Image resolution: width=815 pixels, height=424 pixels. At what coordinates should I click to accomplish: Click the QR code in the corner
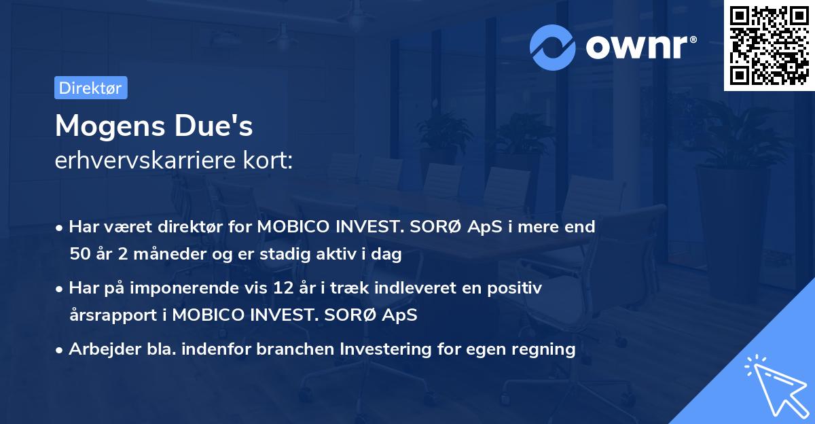tap(769, 46)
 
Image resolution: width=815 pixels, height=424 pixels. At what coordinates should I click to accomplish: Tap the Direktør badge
tap(90, 88)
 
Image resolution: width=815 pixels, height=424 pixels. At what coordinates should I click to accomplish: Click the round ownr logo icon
tap(553, 47)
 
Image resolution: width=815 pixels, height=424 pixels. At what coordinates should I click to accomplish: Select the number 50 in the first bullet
tap(80, 255)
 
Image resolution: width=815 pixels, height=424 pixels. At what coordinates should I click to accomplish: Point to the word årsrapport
tap(108, 315)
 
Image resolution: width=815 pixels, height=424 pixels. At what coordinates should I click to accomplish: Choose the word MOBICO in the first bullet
tap(293, 227)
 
